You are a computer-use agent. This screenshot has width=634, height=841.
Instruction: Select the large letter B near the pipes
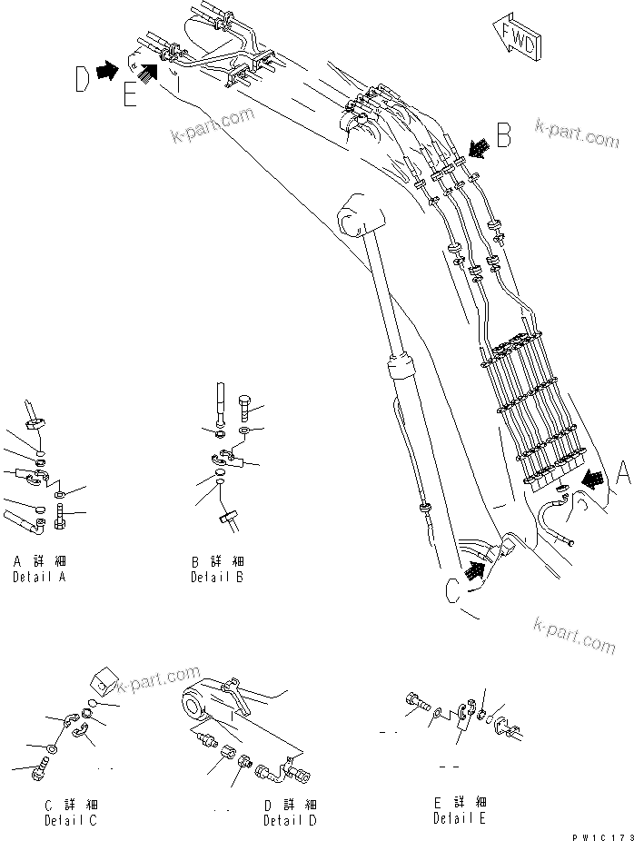tap(504, 136)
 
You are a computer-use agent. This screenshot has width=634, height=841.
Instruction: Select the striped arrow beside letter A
tap(591, 477)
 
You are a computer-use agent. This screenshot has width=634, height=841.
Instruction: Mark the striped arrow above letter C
tap(472, 570)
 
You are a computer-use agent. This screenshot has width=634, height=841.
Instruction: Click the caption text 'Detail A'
tap(38, 578)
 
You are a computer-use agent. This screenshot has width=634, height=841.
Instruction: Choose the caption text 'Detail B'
tap(216, 578)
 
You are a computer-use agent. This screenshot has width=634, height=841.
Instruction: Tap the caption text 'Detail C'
tap(70, 820)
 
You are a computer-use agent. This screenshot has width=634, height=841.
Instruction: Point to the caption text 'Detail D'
tap(290, 820)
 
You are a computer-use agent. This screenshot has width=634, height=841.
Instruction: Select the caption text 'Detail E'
tap(460, 818)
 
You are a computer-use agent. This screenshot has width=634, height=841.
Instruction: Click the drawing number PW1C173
tap(600, 833)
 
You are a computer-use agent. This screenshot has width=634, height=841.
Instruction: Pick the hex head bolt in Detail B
tap(246, 404)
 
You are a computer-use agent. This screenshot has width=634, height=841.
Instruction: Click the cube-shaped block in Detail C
tap(104, 684)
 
